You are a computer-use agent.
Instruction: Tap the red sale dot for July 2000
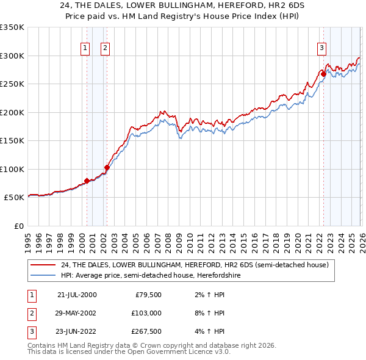pyautogui.click(x=87, y=181)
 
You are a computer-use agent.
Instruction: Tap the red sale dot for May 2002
pyautogui.click(x=107, y=167)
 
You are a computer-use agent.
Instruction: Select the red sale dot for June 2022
pyautogui.click(x=323, y=74)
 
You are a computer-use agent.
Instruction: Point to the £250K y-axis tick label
pyautogui.click(x=12, y=84)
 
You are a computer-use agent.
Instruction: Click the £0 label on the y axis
pyautogui.click(x=18, y=226)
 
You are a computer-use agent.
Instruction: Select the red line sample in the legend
pyautogui.click(x=43, y=265)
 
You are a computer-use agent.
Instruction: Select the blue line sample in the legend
pyautogui.click(x=43, y=275)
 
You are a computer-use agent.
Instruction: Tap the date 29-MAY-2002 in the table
pyautogui.click(x=76, y=313)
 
